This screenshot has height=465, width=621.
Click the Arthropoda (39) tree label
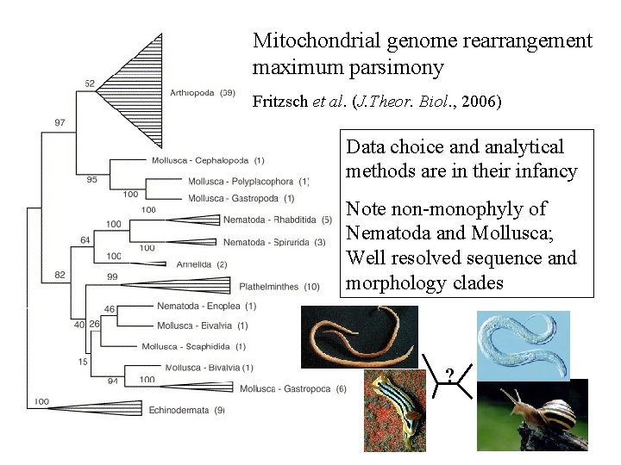(x=203, y=93)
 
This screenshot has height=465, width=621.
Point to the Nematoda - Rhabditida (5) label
(x=277, y=220)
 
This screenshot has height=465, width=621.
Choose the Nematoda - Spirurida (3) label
(x=273, y=242)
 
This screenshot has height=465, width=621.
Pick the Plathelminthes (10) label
(x=280, y=287)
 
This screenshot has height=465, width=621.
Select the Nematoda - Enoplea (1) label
(x=206, y=306)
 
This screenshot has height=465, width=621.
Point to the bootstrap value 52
(x=91, y=84)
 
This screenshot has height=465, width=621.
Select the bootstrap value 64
(x=85, y=240)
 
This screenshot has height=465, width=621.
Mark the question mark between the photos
(x=448, y=375)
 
